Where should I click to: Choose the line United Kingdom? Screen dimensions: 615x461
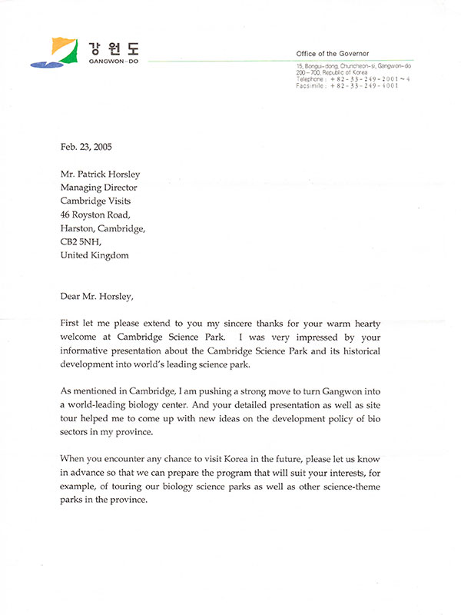[95, 255]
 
